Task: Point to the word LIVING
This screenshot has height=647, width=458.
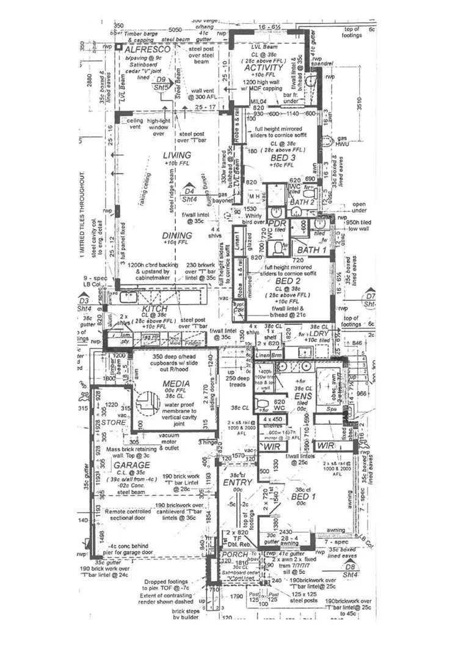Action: coord(176,156)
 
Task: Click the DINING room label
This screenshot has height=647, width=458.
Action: coord(178,235)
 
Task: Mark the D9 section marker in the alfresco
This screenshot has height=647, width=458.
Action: coord(161,79)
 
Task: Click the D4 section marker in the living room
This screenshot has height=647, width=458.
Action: coord(190,190)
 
